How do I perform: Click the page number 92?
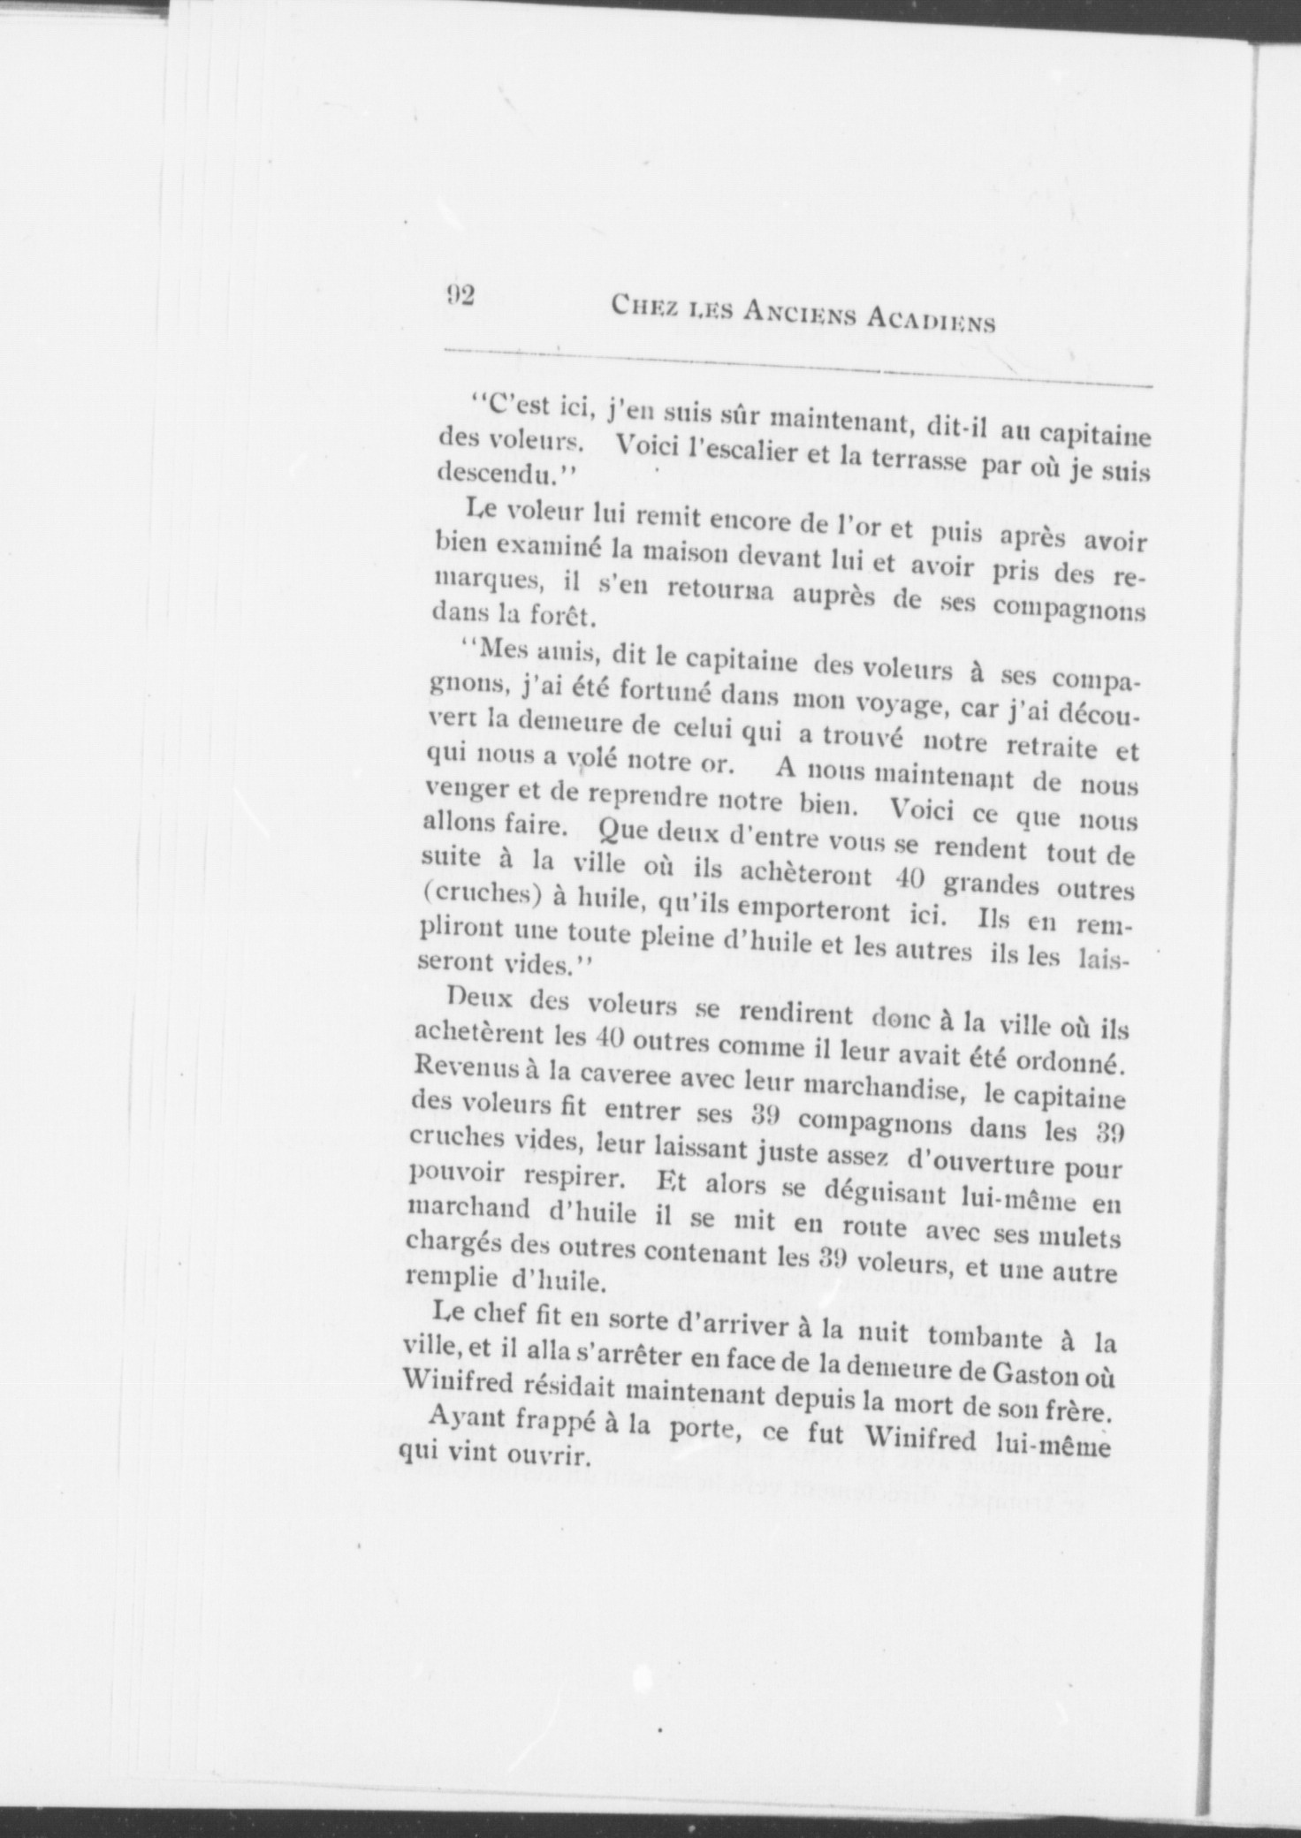(460, 294)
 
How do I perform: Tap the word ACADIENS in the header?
(930, 319)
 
